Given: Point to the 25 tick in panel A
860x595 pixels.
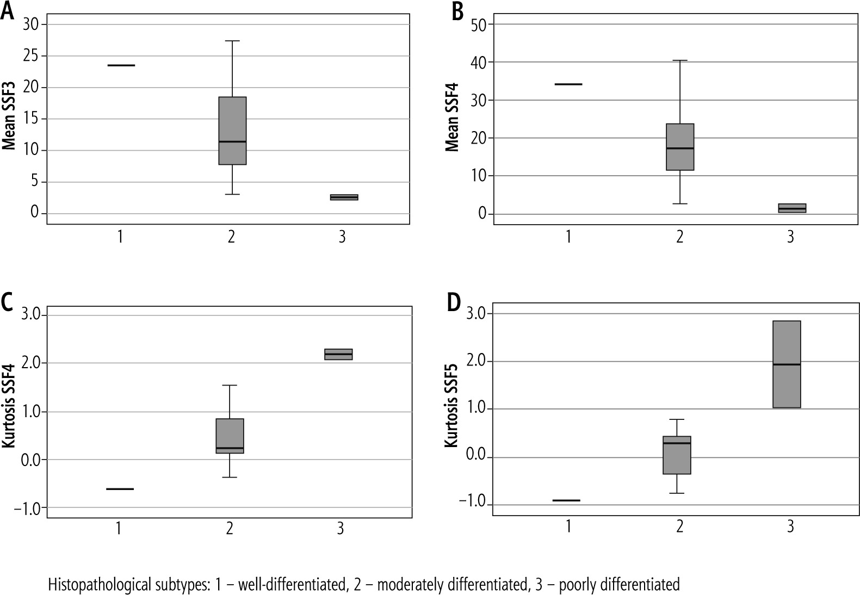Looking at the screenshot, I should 32,56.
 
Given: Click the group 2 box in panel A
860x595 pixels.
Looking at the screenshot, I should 232,131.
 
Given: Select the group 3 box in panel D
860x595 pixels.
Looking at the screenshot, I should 787,364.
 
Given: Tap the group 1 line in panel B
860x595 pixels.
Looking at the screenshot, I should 568,84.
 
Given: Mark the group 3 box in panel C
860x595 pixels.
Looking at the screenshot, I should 338,354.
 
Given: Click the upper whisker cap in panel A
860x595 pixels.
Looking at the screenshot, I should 232,41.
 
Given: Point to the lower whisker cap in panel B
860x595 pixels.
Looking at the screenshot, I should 679,203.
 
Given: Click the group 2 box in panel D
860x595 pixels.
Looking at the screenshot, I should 677,455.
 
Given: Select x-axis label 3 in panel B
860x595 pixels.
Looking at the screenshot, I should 790,237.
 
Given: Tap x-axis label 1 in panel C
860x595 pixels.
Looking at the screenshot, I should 118,529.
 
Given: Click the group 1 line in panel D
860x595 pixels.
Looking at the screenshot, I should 566,500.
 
